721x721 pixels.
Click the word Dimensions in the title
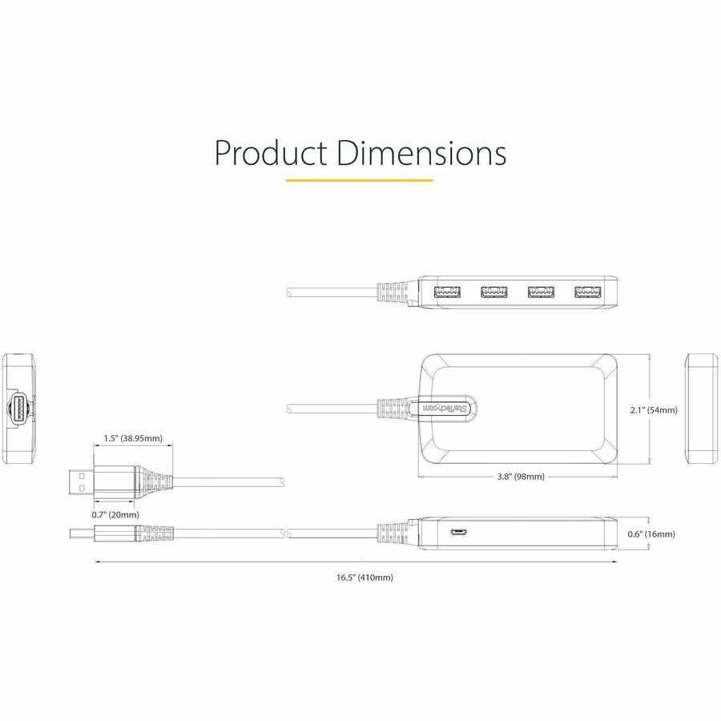click(421, 153)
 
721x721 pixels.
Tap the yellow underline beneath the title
click(360, 180)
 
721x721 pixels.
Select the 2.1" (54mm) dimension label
click(654, 410)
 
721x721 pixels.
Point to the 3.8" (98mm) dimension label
click(521, 477)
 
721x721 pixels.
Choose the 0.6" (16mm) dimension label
click(651, 534)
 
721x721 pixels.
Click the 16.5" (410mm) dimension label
click(365, 578)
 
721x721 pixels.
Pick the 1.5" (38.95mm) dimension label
click(133, 439)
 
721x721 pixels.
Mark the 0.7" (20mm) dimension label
click(115, 515)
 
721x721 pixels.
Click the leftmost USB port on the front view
click(447, 292)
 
